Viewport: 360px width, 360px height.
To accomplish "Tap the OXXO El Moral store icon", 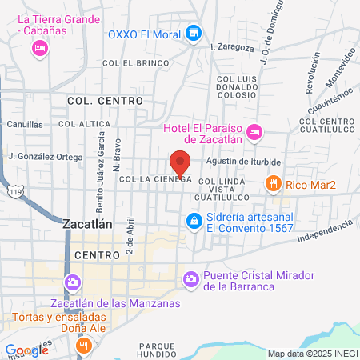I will pos(192,34).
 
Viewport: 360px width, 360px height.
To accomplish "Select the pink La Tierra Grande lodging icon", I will pos(38,50).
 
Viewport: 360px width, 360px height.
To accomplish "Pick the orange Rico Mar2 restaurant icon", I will pos(274,185).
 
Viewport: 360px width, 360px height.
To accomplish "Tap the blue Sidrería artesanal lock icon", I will pos(194,220).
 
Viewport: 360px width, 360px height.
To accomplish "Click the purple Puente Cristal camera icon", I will pos(191,279).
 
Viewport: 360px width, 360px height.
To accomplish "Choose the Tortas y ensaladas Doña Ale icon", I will pos(83,345).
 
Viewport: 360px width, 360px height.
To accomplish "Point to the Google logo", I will pos(26,350).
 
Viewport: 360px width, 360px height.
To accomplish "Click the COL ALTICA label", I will pos(84,123).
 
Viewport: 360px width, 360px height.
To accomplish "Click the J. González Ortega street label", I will pos(45,157).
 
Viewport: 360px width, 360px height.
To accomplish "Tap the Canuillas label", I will pos(25,125).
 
